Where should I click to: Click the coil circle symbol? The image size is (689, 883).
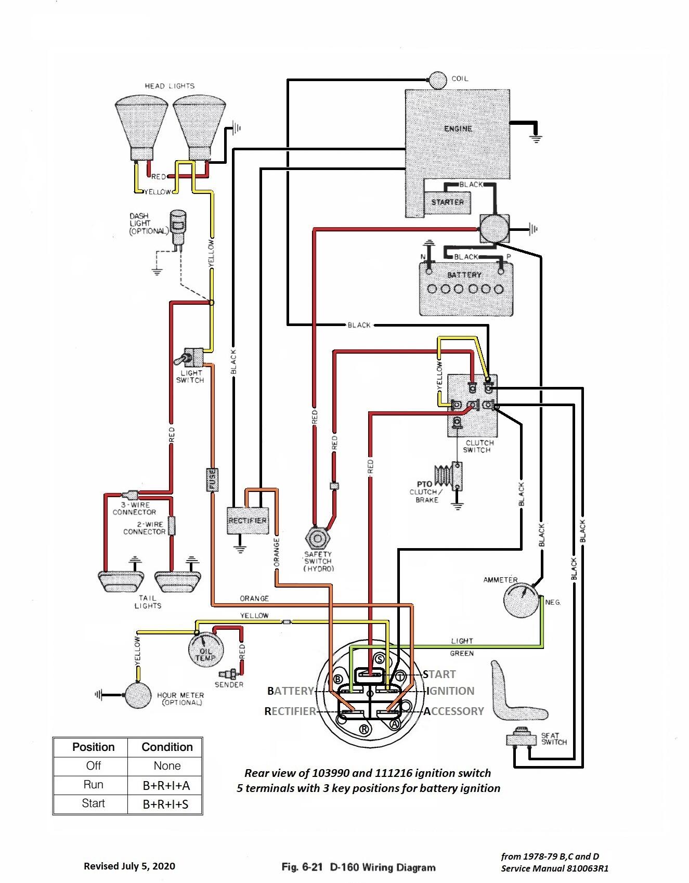437,80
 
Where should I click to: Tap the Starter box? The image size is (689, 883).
447,202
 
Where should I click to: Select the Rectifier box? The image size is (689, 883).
248,520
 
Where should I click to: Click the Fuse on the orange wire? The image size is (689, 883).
212,479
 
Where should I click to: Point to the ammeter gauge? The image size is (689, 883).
520,598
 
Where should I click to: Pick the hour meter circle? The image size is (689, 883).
139,695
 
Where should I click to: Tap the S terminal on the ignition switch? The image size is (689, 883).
379,659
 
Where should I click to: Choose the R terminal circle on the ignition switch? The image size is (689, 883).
364,729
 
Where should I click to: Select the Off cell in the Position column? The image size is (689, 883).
94,766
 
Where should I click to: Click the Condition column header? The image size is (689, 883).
167,747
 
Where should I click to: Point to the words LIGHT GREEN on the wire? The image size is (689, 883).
462,647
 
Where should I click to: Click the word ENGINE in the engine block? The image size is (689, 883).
458,128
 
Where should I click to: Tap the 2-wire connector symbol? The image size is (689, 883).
172,526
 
